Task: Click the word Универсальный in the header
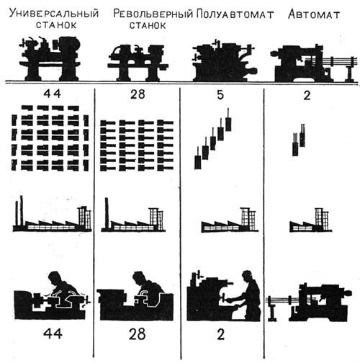pos(55,14)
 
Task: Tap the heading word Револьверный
pos(151,14)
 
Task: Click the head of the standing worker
pos(248,275)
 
